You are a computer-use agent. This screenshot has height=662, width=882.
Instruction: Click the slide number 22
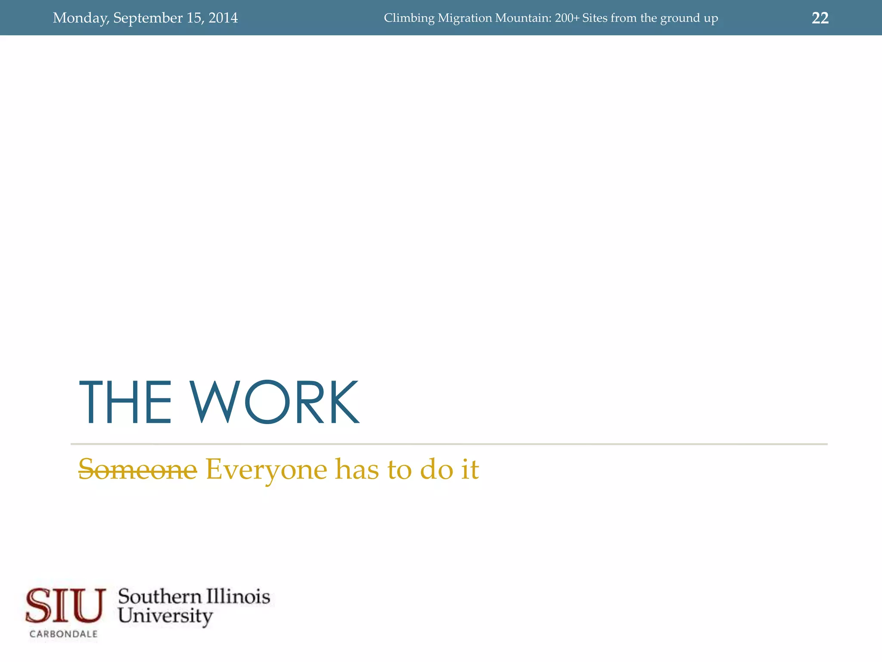click(x=820, y=18)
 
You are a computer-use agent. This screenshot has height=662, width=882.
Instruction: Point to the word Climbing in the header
click(x=409, y=18)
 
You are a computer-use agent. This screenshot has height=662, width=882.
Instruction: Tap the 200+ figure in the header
click(x=567, y=18)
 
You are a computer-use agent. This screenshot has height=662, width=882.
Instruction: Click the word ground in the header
click(x=680, y=18)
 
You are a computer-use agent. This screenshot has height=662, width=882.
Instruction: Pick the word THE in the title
click(x=125, y=403)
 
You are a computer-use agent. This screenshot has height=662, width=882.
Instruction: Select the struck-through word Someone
click(x=137, y=469)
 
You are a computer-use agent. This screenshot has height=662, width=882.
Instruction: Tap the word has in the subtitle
click(x=357, y=469)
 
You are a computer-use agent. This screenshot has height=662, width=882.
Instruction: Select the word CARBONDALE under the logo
click(x=64, y=634)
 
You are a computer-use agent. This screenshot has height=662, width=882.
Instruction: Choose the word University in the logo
click(x=165, y=616)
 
